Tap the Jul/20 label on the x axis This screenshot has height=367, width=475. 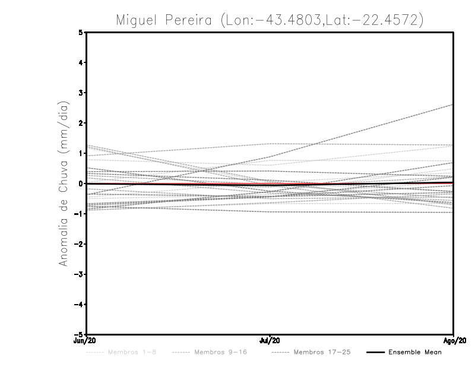click(x=270, y=341)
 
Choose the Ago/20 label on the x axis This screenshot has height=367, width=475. click(x=453, y=341)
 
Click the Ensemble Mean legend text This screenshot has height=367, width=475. click(x=415, y=353)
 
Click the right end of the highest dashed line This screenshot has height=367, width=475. click(x=453, y=105)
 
